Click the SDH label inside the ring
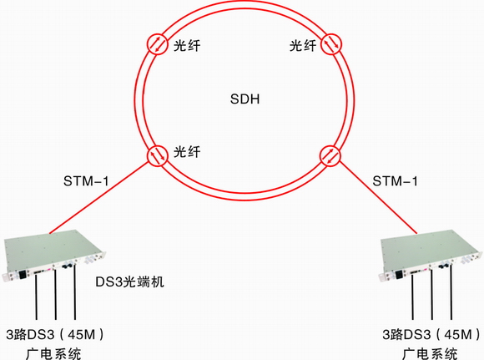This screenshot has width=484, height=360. pyautogui.click(x=245, y=99)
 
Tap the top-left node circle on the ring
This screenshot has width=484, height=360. pyautogui.click(x=158, y=44)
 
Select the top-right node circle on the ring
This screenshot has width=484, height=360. pyautogui.click(x=332, y=44)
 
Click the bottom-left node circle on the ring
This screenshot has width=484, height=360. pyautogui.click(x=158, y=155)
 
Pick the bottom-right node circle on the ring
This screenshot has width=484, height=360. pyautogui.click(x=330, y=155)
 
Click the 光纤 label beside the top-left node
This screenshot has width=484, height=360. pyautogui.click(x=187, y=46)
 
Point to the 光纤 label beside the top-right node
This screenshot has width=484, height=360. pyautogui.click(x=303, y=46)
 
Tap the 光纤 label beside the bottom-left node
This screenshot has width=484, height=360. pyautogui.click(x=187, y=152)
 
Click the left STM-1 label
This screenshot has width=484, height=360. pyautogui.click(x=86, y=181)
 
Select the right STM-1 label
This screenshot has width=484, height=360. pyautogui.click(x=395, y=181)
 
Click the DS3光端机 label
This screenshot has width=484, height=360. pyautogui.click(x=129, y=281)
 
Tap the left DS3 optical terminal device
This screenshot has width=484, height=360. pyautogui.click(x=54, y=255)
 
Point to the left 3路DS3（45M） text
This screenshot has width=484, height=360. pyautogui.click(x=55, y=334)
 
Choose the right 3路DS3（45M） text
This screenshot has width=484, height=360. pyautogui.click(x=431, y=334)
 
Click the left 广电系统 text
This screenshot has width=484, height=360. pyautogui.click(x=53, y=353)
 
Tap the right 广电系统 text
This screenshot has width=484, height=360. pyautogui.click(x=430, y=353)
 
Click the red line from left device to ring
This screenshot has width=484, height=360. pyautogui.click(x=98, y=197)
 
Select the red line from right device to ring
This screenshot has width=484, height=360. pyautogui.click(x=378, y=197)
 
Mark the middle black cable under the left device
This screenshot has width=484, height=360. pyautogui.click(x=56, y=294)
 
